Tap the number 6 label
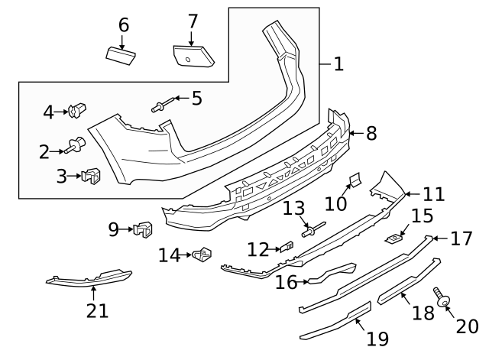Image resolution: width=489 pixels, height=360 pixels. pyautogui.click(x=123, y=26)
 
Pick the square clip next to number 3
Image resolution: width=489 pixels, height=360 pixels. pyautogui.click(x=92, y=177)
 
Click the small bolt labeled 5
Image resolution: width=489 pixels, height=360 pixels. pyautogui.click(x=160, y=105)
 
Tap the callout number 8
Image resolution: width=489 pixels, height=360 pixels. pyautogui.click(x=371, y=134)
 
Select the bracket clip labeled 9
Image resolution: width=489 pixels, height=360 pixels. pyautogui.click(x=143, y=229)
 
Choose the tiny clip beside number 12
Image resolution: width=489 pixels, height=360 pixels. pyautogui.click(x=287, y=245)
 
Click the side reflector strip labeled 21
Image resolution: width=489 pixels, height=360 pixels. pyautogui.click(x=88, y=278)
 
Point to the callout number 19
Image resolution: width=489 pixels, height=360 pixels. pyautogui.click(x=377, y=338)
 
